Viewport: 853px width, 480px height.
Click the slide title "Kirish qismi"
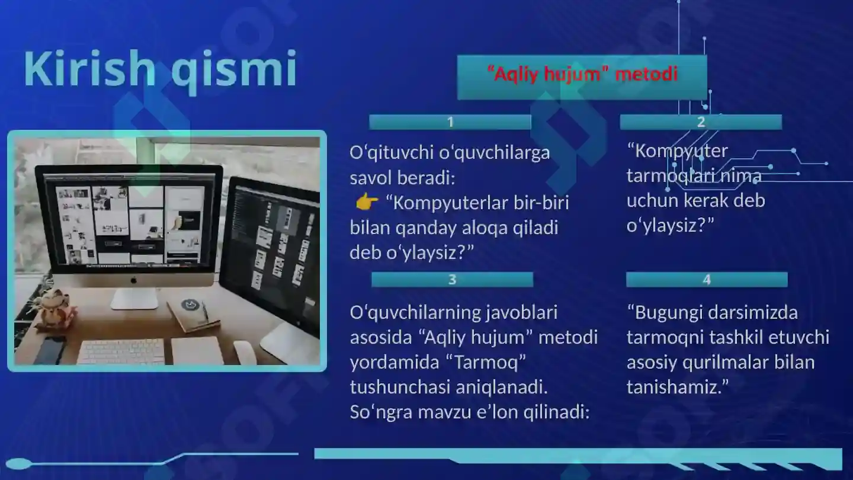(x=160, y=70)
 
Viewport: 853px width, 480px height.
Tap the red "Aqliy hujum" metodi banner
(x=582, y=76)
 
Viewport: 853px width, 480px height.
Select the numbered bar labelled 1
(x=450, y=122)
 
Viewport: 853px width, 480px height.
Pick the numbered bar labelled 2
(x=701, y=122)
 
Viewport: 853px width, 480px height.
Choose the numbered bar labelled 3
(x=452, y=280)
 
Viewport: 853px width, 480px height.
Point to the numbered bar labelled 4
(x=706, y=280)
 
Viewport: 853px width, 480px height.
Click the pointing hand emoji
(x=367, y=203)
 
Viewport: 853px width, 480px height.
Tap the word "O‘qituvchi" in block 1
(x=391, y=153)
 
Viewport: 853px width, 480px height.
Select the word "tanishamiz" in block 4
(x=672, y=387)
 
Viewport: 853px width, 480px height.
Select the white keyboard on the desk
(x=121, y=351)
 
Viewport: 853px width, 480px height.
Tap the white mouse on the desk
(x=244, y=352)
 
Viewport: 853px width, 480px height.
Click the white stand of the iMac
(x=135, y=298)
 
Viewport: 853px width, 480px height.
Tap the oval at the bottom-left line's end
(x=18, y=463)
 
